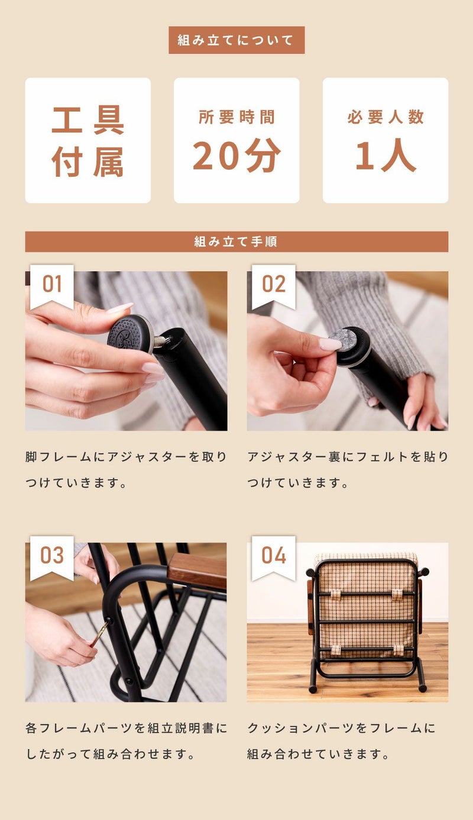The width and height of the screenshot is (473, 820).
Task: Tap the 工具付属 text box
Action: tap(88, 141)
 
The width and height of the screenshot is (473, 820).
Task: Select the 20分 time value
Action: tap(237, 155)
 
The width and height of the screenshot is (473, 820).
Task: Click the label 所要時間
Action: tap(237, 117)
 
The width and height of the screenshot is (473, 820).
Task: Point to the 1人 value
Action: tap(385, 155)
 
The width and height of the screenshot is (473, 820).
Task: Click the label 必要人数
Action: tap(385, 117)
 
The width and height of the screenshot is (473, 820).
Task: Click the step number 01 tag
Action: tap(52, 284)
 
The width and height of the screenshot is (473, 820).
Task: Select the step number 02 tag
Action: tap(274, 284)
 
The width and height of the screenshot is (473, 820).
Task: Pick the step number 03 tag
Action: tap(52, 555)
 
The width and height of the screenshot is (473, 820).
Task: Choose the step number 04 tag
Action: tap(274, 555)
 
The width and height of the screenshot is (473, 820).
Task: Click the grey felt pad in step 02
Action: tap(344, 339)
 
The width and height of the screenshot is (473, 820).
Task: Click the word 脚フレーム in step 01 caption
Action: tap(59, 457)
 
